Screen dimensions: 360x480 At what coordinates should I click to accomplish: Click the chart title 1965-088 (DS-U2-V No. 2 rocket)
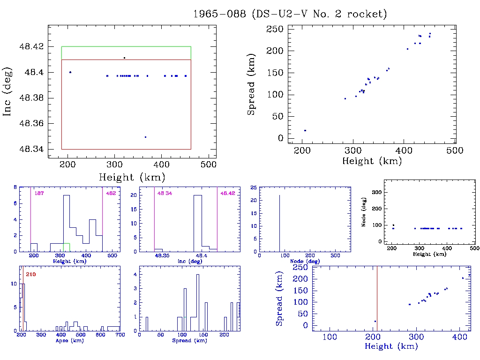click(x=290, y=14)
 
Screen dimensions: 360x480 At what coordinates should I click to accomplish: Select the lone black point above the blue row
click(x=124, y=58)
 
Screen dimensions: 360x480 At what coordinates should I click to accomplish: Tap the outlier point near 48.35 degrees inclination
click(x=145, y=137)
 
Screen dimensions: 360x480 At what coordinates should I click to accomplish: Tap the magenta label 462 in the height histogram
click(x=111, y=193)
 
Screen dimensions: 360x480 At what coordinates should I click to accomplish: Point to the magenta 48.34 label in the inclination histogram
click(x=164, y=193)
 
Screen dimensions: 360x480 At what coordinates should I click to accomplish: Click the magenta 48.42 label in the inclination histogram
click(x=227, y=193)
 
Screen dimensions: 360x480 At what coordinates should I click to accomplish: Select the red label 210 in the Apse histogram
click(x=31, y=274)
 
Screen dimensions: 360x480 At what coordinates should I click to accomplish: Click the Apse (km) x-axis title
click(x=69, y=341)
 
